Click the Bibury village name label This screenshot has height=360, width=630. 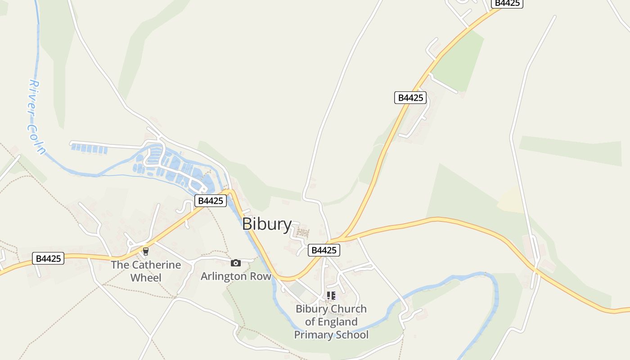click(267, 224)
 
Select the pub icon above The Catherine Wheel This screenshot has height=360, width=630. click(145, 251)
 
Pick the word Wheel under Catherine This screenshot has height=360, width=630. click(146, 278)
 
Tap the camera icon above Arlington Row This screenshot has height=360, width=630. click(235, 263)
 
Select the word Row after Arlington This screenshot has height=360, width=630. click(262, 276)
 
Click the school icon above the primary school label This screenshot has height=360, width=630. click(331, 296)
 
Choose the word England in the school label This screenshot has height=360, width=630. click(337, 322)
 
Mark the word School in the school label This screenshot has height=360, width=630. click(351, 335)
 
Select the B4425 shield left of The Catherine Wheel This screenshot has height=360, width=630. click(48, 258)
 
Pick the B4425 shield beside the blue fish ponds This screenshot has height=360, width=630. click(211, 201)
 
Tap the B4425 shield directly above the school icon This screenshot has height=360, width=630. click(324, 250)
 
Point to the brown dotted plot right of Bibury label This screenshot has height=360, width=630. click(303, 233)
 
